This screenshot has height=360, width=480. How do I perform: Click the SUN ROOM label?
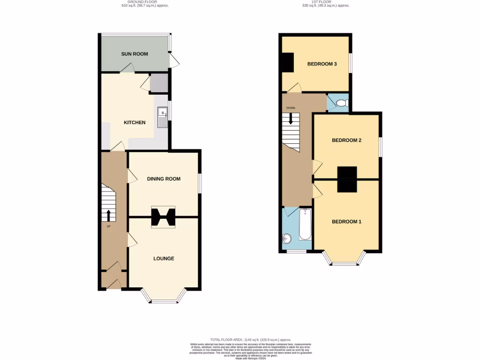coord(135,54)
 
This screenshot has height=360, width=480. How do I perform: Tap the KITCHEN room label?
coord(135,123)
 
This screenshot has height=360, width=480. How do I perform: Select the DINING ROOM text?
coord(164,179)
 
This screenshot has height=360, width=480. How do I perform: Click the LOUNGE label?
coord(164,258)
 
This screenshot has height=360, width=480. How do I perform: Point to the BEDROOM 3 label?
coord(322,64)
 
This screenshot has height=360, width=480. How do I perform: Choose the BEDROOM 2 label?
coord(346,140)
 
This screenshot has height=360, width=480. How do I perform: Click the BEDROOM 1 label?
coord(346,221)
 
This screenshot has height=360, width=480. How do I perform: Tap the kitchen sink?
coord(163,117)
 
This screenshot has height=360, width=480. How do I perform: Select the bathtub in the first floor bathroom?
coord(305,225)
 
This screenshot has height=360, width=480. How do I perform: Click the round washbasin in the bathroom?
coord(287,240)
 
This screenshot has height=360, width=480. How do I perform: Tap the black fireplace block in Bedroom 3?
coord(287,62)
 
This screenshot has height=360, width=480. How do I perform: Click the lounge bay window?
coord(164,298)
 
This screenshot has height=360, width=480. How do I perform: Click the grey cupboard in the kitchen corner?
coord(158,83)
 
